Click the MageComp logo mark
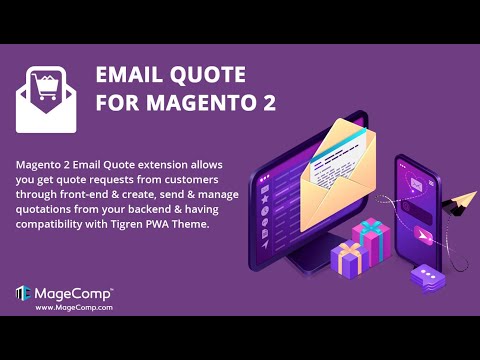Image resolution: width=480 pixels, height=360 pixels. (22, 293)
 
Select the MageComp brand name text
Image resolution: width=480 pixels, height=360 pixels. (74, 292)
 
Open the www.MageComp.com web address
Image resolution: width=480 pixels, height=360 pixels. (72, 307)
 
